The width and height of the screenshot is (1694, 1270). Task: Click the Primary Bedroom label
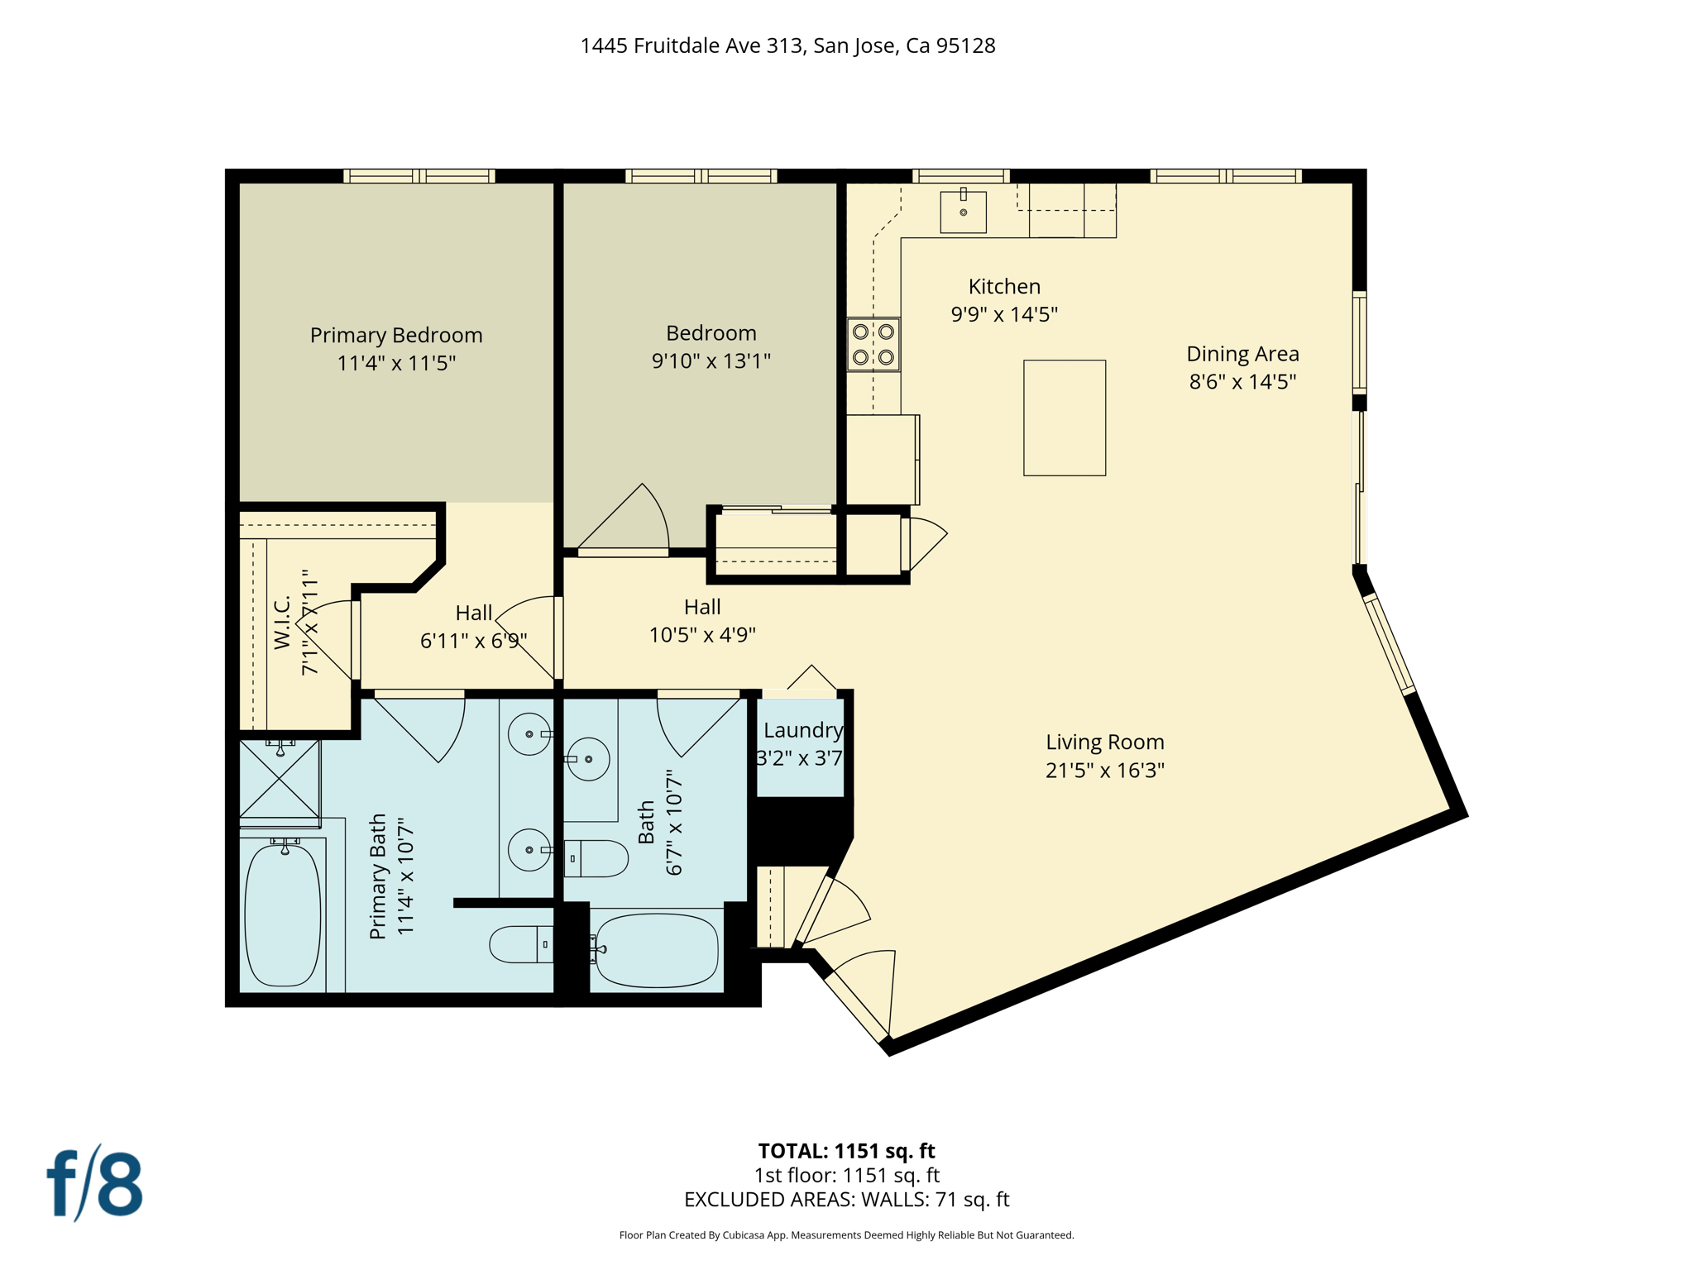[x=396, y=335]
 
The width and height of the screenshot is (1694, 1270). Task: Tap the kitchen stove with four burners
[x=873, y=344]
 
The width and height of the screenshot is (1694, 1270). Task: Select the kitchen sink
[x=963, y=212]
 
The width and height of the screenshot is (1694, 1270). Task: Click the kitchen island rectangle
[x=1064, y=418]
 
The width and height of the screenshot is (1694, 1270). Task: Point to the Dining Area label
[x=1242, y=354]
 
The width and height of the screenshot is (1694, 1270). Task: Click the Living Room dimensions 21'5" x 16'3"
[x=1104, y=771]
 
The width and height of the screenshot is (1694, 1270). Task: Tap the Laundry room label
[x=802, y=730]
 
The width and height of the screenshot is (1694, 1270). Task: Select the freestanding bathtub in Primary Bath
[x=283, y=914]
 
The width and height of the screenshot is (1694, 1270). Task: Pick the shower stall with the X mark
[x=280, y=779]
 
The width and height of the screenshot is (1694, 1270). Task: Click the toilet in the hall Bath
[x=596, y=858]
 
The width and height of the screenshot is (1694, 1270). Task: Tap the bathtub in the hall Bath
[x=656, y=950]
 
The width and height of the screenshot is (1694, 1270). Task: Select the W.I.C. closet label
[x=282, y=622]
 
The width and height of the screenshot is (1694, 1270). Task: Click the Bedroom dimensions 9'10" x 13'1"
[x=711, y=361]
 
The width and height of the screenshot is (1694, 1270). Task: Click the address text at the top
[x=787, y=45]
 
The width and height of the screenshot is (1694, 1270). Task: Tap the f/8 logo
[x=95, y=1185]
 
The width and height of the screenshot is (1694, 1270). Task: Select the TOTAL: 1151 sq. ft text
[x=846, y=1151]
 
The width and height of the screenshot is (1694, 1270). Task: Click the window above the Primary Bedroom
[x=419, y=176]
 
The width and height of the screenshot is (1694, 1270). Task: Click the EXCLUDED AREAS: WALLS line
[x=846, y=1200]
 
